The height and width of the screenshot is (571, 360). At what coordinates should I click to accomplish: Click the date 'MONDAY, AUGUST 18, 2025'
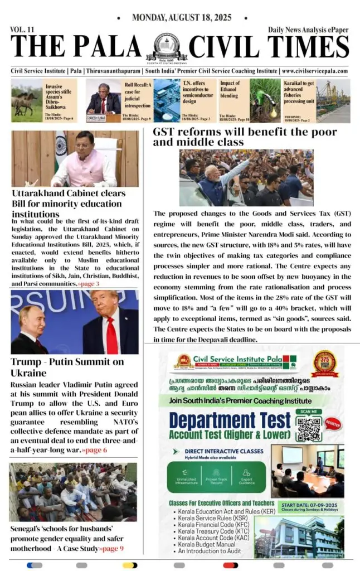pos(181,18)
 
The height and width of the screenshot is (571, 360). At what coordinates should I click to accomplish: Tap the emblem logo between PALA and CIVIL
pos(166,47)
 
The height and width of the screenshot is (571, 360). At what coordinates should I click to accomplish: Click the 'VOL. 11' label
pos(22,29)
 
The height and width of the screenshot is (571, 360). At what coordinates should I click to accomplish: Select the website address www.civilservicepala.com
pos(315,71)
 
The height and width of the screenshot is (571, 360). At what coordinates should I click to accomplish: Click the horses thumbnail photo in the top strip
pos(27,100)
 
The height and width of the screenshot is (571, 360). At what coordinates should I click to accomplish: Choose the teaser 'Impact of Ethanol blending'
pos(231,89)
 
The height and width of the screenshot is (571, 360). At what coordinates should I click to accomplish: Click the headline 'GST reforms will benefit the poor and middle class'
pos(245,137)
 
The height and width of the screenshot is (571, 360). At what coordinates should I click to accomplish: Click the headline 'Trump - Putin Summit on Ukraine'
pos(67,367)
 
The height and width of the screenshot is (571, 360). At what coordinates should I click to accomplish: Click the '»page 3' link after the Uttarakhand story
pos(89,284)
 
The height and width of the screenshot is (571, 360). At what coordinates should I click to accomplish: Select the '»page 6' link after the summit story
pos(96,449)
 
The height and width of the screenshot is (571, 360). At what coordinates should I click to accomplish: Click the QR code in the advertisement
pos(309,427)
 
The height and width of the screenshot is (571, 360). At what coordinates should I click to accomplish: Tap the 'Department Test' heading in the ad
pos(230,420)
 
